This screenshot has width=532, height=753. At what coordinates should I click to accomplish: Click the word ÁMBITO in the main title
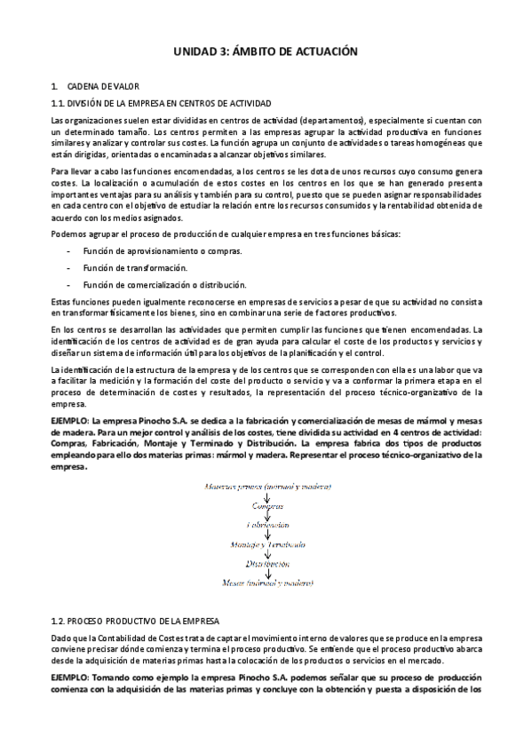coord(256,52)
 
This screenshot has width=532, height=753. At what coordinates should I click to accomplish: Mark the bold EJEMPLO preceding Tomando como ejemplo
coord(75,677)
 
